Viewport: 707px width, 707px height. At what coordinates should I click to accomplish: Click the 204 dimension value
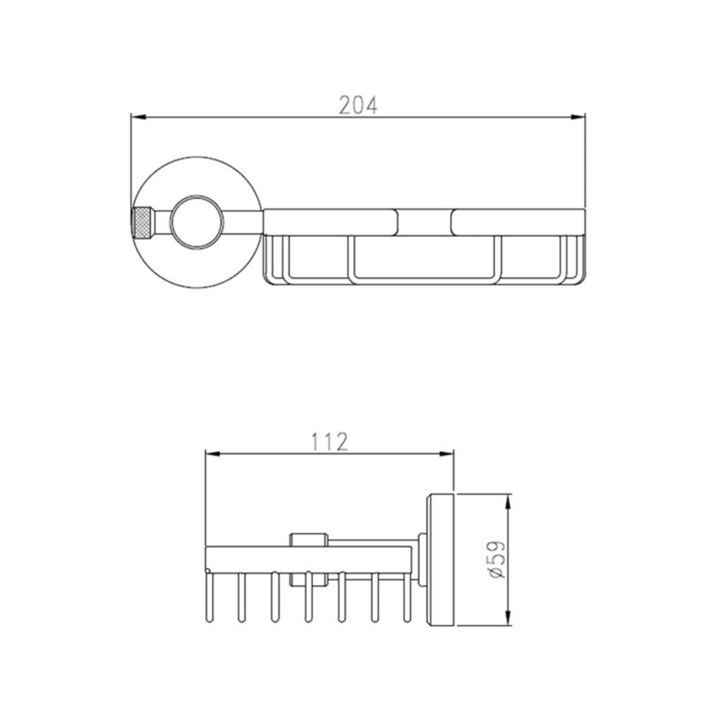click(x=358, y=104)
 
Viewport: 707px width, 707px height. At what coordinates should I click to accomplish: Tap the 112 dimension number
click(x=329, y=442)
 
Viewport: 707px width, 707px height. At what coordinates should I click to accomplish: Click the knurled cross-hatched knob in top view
click(x=143, y=223)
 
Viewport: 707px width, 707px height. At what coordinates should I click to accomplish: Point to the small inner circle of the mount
click(x=196, y=223)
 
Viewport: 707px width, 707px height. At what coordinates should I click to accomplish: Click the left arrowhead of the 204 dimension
click(x=138, y=118)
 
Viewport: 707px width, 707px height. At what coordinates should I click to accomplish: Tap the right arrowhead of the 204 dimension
click(x=578, y=118)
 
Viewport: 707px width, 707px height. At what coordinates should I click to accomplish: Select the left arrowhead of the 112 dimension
click(x=212, y=453)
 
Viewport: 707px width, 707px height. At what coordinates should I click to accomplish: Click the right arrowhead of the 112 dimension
click(x=446, y=453)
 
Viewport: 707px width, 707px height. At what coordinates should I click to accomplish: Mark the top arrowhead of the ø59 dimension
click(x=508, y=501)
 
